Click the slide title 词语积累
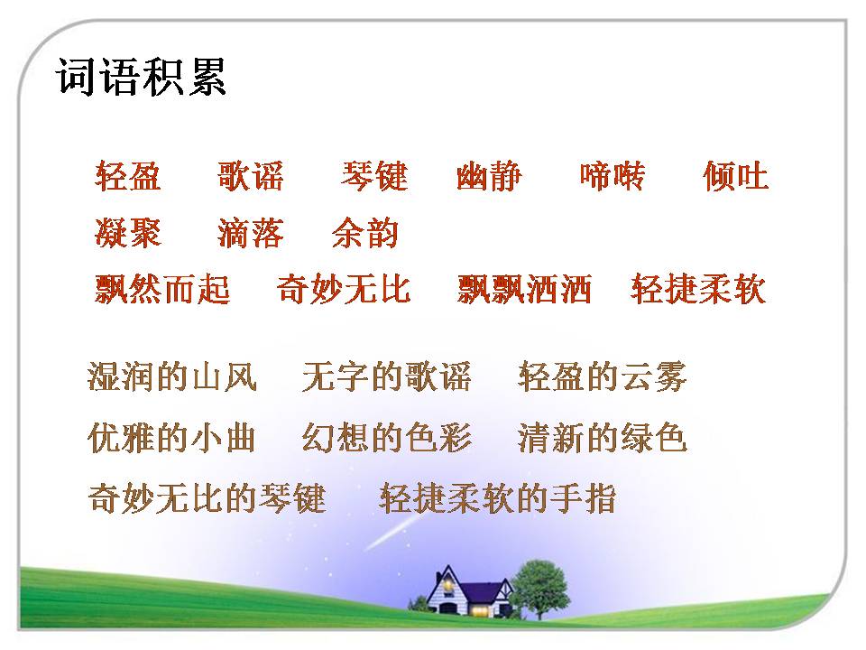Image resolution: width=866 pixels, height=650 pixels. (x=142, y=78)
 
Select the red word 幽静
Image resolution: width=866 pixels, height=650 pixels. (x=489, y=176)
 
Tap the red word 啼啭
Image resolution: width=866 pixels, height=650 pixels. (x=613, y=176)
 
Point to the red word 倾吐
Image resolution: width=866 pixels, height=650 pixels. (x=735, y=176)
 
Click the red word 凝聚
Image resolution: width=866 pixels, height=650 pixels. (x=128, y=233)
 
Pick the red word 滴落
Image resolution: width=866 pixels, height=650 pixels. (x=251, y=233)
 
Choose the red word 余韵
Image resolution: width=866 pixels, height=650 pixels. (x=365, y=233)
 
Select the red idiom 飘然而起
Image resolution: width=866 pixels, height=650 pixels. (x=162, y=290)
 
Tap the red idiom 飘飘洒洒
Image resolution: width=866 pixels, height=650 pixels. (x=524, y=290)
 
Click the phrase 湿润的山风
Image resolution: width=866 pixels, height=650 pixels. (x=172, y=376)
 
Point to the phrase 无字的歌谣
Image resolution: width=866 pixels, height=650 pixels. (x=387, y=376)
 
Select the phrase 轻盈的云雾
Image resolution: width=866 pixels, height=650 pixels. (x=603, y=376)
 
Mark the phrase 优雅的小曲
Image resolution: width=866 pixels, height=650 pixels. (x=172, y=438)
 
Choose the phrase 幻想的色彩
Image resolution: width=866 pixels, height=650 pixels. (x=387, y=438)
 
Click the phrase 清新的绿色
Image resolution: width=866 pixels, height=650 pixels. (x=603, y=438)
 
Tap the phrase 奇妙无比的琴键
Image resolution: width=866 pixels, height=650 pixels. (x=207, y=498)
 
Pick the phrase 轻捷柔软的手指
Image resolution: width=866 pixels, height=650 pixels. (x=498, y=498)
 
